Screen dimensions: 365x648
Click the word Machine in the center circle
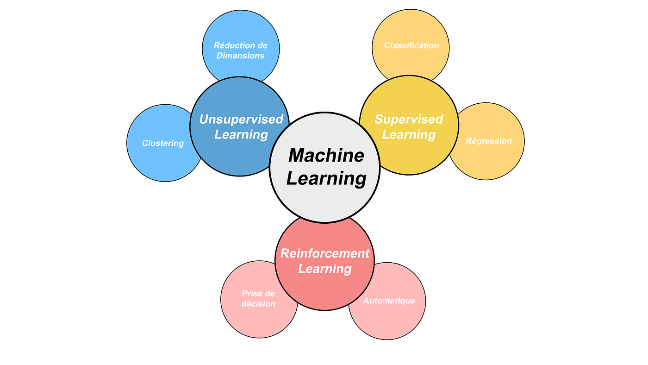[x=326, y=155]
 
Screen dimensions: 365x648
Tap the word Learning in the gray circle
[x=326, y=178]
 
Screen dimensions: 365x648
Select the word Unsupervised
[x=241, y=120]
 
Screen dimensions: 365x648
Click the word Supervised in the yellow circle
[x=409, y=120]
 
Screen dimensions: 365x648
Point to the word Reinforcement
[x=324, y=253]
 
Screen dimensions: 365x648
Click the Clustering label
[x=163, y=143]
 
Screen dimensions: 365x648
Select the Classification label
[x=411, y=45]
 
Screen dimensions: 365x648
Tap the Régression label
[x=488, y=141]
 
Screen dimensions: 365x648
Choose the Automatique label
[x=389, y=301]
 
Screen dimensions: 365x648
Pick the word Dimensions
[x=240, y=56]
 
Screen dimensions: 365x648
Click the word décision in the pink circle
[x=258, y=304]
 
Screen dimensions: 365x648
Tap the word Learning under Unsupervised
[x=241, y=135]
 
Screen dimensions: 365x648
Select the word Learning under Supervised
[x=409, y=135]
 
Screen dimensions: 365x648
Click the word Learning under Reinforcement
[x=324, y=269]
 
